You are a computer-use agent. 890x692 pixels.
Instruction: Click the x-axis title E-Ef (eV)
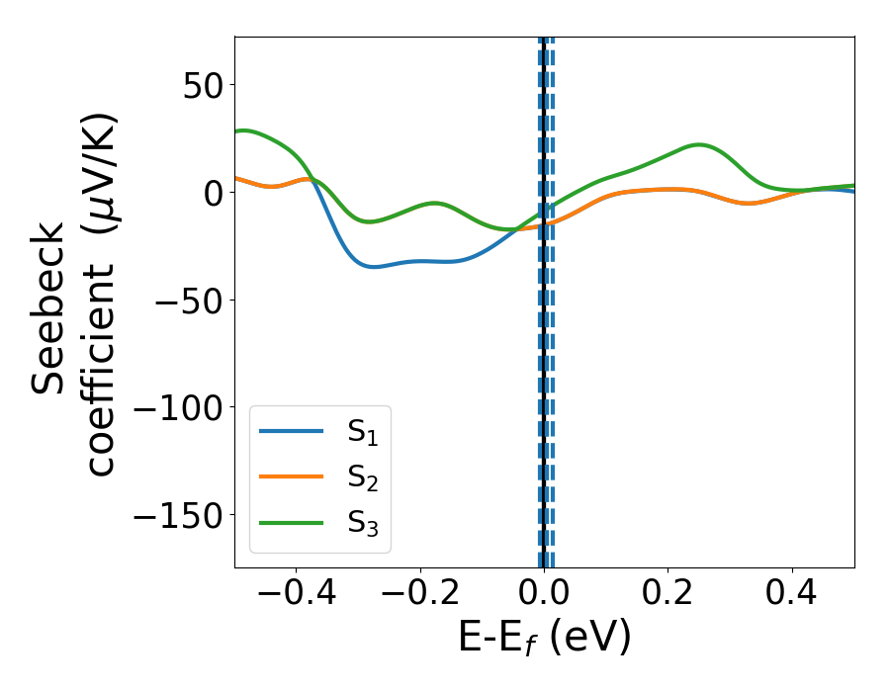[544, 640]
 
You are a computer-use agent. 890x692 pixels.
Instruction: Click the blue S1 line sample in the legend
[291, 431]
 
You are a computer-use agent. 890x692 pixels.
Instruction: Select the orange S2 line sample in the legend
[291, 477]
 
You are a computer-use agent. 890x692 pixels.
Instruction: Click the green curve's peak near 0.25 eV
[699, 144]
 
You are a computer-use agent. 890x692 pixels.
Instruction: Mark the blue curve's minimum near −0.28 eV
[372, 266]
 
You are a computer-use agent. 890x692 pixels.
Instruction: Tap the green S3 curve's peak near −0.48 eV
[244, 130]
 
